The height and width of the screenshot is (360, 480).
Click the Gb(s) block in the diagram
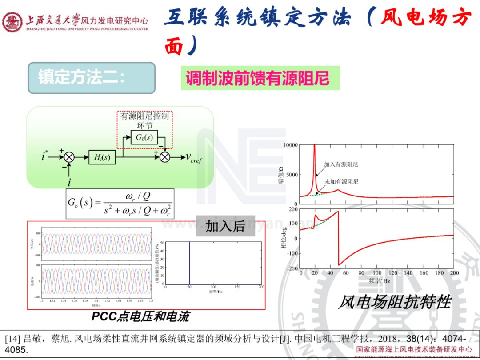[x=144, y=138]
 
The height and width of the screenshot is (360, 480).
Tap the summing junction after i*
[x=69, y=157]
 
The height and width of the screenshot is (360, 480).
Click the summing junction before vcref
[x=165, y=157]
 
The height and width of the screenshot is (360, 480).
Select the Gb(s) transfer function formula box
[x=120, y=204]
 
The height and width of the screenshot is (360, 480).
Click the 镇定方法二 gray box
[x=92, y=78]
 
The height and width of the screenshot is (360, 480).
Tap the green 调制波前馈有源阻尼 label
[x=260, y=78]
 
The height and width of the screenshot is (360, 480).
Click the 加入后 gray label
[x=225, y=226]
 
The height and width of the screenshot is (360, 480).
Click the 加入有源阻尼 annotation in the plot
[x=341, y=164]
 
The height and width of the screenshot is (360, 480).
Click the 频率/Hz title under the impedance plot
[x=379, y=281]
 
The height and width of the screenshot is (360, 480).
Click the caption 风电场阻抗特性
[x=394, y=302]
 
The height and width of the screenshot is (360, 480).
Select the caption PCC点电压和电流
[x=140, y=316]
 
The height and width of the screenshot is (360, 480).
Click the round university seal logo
[x=12, y=22]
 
